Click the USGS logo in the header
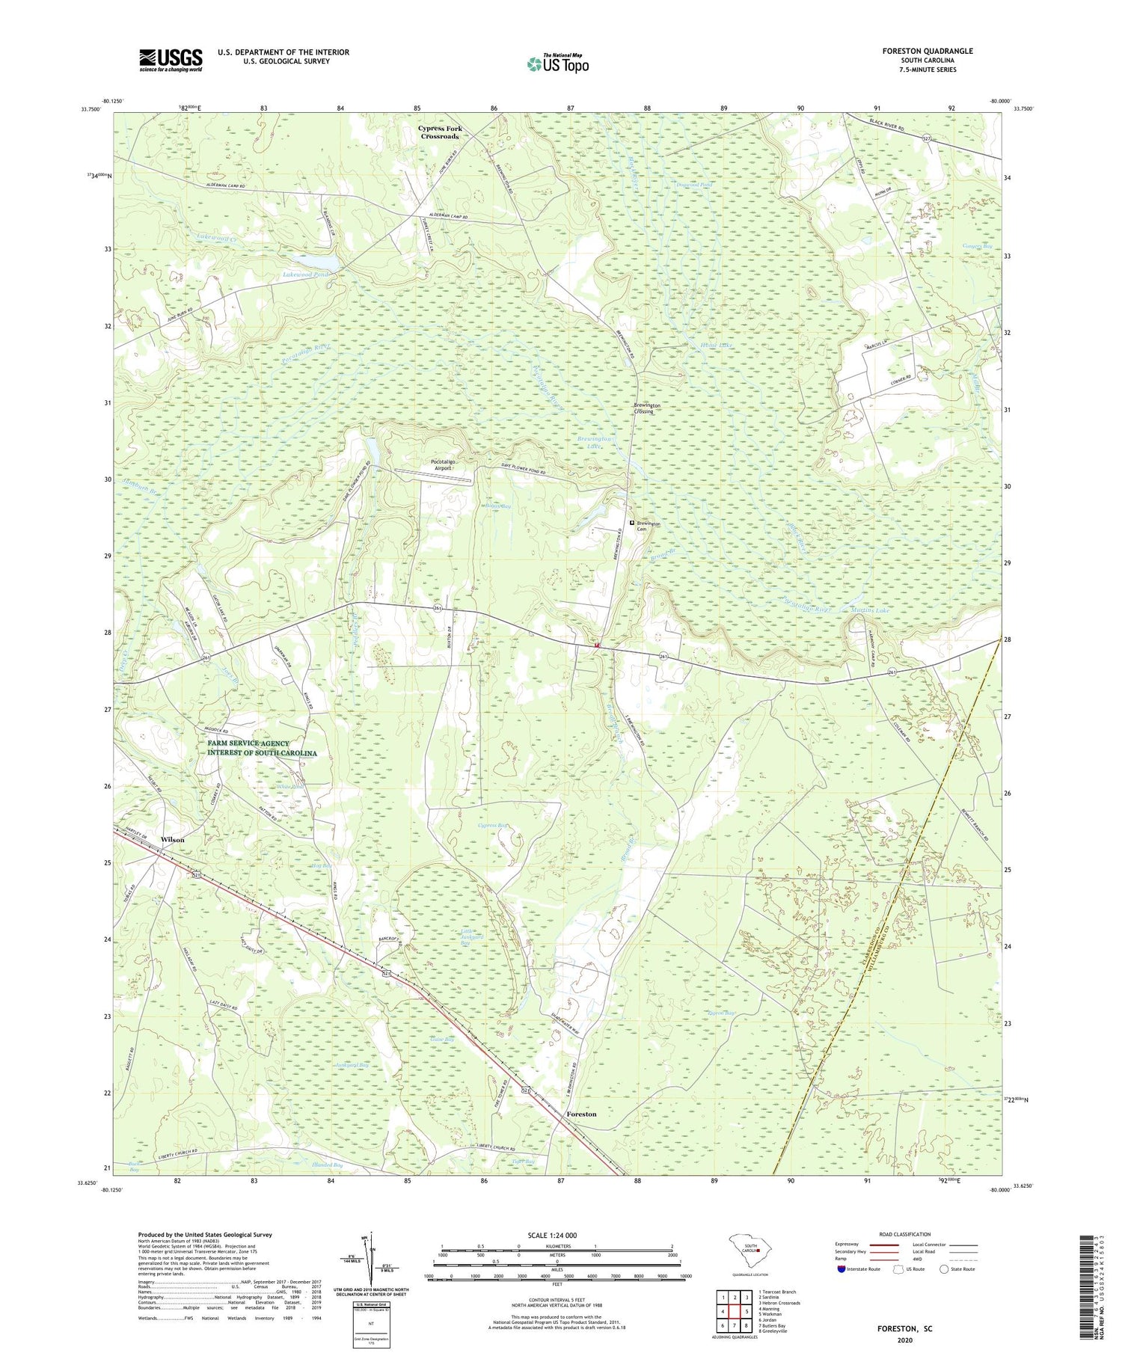pos(171,60)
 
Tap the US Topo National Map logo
pos(557,64)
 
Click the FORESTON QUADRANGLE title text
pos(928,51)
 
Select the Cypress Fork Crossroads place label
pos(440,132)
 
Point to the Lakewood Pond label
pos(305,274)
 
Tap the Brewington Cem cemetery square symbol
pos(631,523)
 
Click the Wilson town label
pos(172,840)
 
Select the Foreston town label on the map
pos(581,1114)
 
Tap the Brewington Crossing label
pos(644,408)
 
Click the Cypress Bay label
pos(493,826)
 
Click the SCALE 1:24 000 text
pos(557,1235)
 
